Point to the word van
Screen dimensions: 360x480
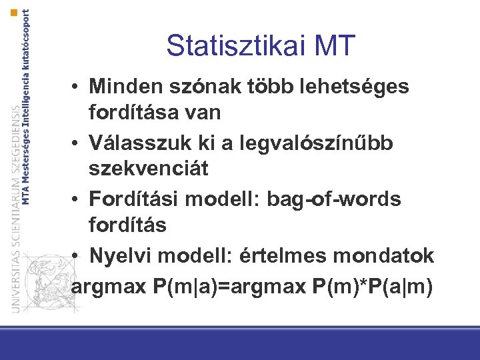point(203,113)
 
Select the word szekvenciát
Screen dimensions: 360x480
point(149,169)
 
